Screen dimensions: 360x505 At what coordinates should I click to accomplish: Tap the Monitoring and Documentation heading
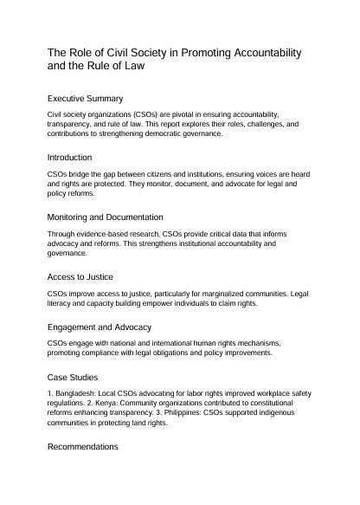tap(104, 217)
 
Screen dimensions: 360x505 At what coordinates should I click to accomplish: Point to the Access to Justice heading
tap(83, 276)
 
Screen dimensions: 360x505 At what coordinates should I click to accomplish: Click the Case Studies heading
tap(74, 379)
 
